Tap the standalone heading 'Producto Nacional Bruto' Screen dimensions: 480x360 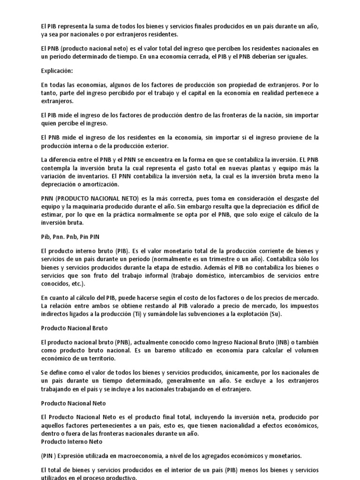[74, 328]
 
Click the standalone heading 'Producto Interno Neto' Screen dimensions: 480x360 [71, 442]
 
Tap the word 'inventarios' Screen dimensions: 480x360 [87, 176]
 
